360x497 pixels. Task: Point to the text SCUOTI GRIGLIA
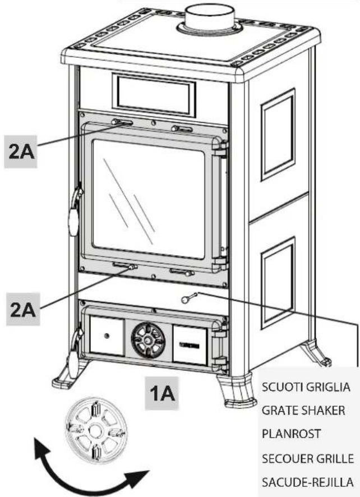point(306,387)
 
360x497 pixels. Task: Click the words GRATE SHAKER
point(303,411)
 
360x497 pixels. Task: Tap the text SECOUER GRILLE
point(307,459)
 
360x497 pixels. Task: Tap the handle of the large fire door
point(73,215)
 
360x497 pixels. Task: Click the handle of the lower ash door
point(73,351)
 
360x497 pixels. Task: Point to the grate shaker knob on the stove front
point(187,298)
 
